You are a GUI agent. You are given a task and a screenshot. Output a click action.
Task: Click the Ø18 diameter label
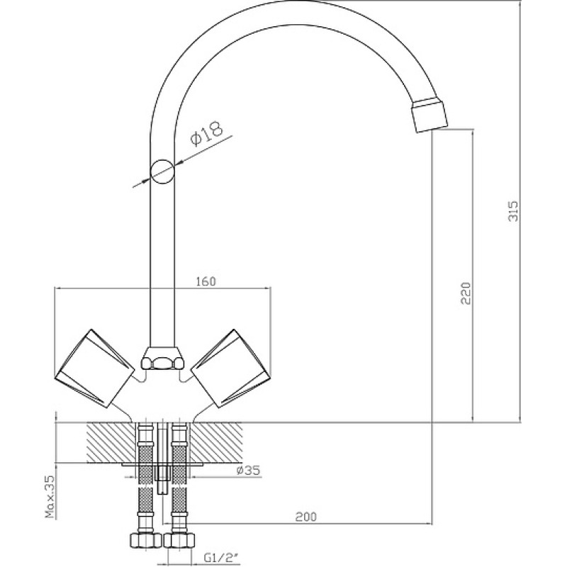(x=207, y=133)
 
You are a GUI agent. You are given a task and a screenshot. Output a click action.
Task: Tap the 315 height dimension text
(x=513, y=210)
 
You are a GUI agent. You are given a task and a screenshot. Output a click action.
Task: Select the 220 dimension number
(x=466, y=293)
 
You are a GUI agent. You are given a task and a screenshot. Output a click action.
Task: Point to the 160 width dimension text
(x=206, y=281)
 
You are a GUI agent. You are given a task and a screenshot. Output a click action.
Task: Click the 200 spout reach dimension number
(x=305, y=517)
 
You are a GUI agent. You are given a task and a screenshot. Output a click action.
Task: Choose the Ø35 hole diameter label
(x=248, y=470)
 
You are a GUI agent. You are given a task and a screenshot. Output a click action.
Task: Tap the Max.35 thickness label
(x=50, y=497)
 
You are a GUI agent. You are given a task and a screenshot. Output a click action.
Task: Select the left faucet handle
(x=94, y=368)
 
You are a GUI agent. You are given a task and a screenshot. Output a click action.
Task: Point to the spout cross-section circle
(x=162, y=172)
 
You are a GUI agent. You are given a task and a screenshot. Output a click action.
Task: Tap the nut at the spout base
(x=162, y=359)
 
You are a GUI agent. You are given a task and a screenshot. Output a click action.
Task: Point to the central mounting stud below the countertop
(x=162, y=479)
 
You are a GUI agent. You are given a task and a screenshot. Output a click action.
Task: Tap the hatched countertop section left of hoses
(x=111, y=442)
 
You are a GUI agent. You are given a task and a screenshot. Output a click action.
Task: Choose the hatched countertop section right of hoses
(x=216, y=442)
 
